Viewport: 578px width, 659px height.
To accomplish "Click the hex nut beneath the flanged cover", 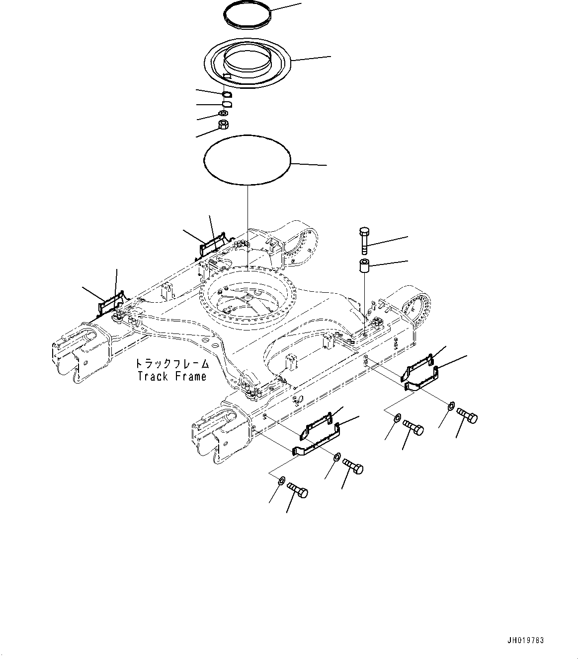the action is tap(223, 124).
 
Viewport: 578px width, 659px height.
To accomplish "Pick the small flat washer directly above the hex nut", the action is tap(223, 113).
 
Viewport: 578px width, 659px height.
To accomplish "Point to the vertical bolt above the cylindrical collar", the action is tap(364, 241).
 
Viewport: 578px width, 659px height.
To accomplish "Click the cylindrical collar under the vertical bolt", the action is tap(364, 266).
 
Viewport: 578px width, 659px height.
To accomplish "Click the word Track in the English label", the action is tap(153, 376).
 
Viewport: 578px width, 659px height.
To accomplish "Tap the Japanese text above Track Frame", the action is tap(172, 364).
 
